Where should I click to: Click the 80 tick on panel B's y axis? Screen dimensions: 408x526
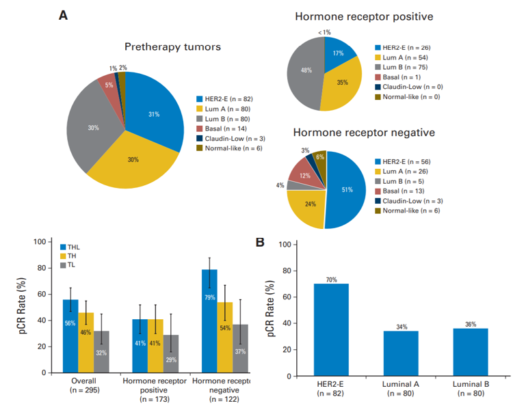click(288, 271)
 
